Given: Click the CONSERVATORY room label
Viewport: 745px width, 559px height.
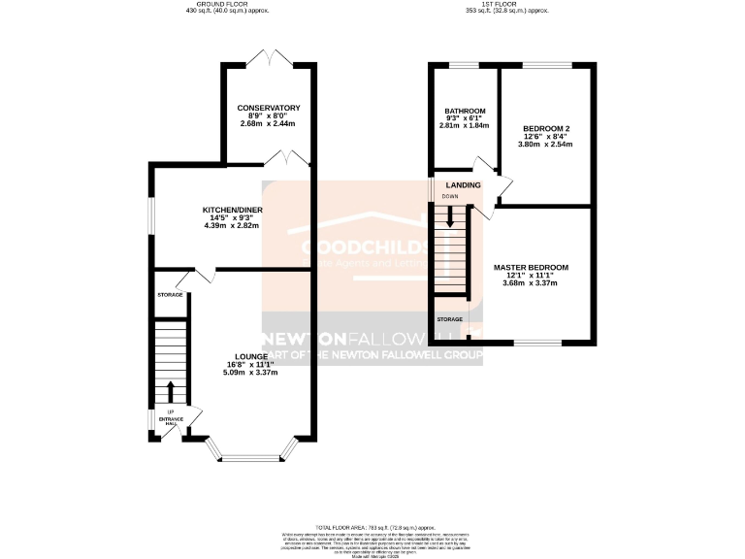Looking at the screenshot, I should (269, 108).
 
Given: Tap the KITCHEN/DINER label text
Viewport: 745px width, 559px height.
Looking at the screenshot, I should (233, 210).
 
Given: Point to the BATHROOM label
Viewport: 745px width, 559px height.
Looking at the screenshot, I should (465, 111).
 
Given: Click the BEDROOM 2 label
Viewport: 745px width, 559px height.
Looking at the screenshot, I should (545, 128).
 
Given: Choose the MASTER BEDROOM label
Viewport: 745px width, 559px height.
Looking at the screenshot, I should (530, 267).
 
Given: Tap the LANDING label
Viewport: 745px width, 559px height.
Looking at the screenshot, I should (463, 183).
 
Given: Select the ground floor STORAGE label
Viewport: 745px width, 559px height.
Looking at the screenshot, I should (171, 293).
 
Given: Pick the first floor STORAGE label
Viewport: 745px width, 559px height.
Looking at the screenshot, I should (449, 318).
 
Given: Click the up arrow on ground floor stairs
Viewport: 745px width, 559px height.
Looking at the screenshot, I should (171, 390).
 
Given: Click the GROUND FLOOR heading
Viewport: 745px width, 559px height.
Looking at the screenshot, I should (225, 5).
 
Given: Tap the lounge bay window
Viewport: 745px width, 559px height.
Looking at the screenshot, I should (252, 455).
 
